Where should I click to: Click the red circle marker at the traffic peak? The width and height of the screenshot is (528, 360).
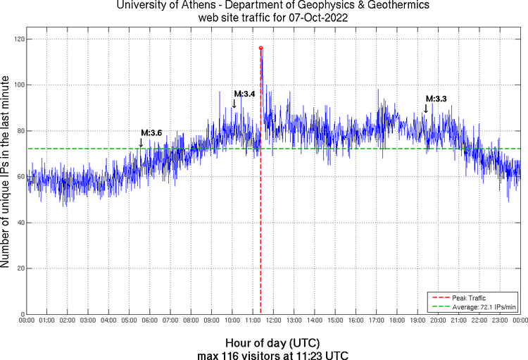[x=261, y=48]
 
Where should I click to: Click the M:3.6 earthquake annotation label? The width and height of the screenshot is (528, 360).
[x=151, y=132]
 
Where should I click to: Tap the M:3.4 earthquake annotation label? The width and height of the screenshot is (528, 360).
[x=244, y=94]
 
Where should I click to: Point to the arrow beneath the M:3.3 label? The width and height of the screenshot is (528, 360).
[x=426, y=108]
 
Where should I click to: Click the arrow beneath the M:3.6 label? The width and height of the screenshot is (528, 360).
[x=141, y=143]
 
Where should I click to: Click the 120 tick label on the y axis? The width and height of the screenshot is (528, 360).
[x=17, y=39]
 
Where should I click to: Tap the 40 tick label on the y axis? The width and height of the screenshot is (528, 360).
[x=19, y=223]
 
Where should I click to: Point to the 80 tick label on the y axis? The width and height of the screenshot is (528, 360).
[x=19, y=131]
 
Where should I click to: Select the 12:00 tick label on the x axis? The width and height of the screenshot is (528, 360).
[x=274, y=321]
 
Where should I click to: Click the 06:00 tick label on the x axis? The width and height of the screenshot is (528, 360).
[x=151, y=321]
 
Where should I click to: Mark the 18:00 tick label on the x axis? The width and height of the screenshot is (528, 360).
[x=397, y=321]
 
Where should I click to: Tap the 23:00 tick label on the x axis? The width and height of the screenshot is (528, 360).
[x=500, y=321]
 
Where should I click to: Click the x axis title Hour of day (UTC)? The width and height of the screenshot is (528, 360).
[x=273, y=343]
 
